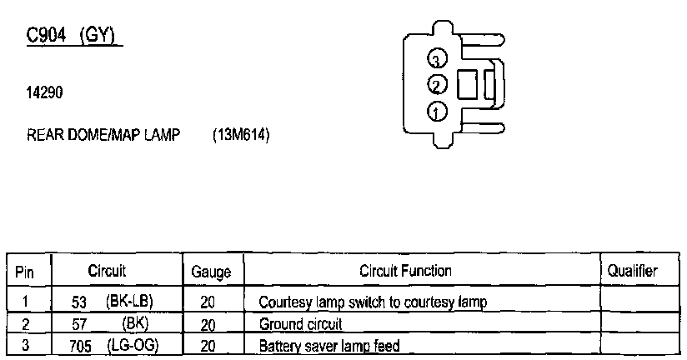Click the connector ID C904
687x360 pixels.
[48, 36]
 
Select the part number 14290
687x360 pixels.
[44, 94]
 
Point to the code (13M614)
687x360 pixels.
[241, 136]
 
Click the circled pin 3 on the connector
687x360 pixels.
[438, 58]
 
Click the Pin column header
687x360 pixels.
[25, 272]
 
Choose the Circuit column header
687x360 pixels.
[107, 271]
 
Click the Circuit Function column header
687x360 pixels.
[405, 271]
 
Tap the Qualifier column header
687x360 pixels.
[632, 271]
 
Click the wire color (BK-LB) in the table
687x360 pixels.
[130, 300]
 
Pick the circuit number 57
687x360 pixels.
[80, 322]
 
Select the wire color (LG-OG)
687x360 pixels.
[133, 344]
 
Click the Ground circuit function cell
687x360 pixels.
[301, 323]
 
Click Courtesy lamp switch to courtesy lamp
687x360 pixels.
[373, 301]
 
